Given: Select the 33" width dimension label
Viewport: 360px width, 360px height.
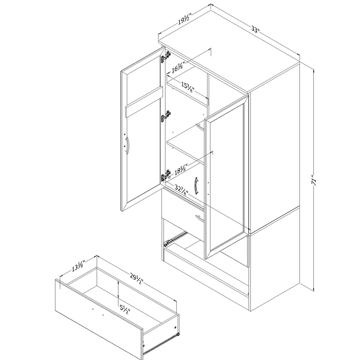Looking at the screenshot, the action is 255,30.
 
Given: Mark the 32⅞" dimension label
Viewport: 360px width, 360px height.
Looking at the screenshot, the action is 182,189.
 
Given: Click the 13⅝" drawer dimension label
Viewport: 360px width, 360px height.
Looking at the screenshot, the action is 79,265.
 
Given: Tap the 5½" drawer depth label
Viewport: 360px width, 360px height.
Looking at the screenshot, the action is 125,309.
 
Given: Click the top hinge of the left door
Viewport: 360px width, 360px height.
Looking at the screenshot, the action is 166,57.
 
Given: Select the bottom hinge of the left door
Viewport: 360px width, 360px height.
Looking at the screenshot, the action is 166,175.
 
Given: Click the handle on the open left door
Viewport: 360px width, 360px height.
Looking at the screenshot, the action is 127,145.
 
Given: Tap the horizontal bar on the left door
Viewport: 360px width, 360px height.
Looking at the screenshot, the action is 144,102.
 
